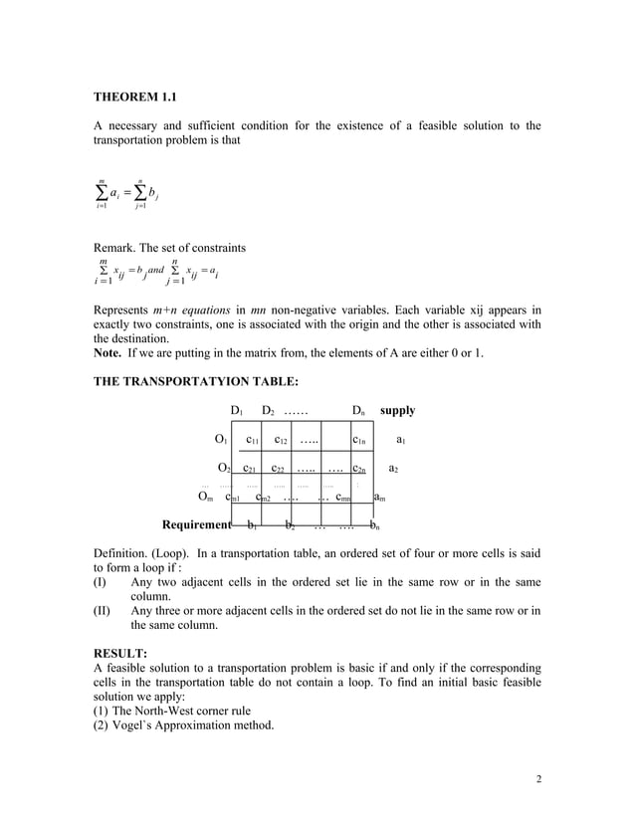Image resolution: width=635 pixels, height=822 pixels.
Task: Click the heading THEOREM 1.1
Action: pyautogui.click(x=134, y=98)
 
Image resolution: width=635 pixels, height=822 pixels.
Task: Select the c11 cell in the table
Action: pyautogui.click(x=254, y=439)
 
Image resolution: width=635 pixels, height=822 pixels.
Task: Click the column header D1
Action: pyautogui.click(x=238, y=410)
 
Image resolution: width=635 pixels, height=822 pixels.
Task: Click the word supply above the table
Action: pyautogui.click(x=398, y=410)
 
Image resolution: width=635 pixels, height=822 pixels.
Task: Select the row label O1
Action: pyautogui.click(x=222, y=439)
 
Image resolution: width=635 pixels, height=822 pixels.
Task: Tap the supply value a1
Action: pyautogui.click(x=401, y=439)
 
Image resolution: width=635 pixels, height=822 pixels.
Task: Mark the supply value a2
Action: pyautogui.click(x=394, y=468)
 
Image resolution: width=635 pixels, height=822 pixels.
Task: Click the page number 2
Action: pyautogui.click(x=537, y=778)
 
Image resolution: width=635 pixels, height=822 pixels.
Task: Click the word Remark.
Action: pyautogui.click(x=116, y=247)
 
